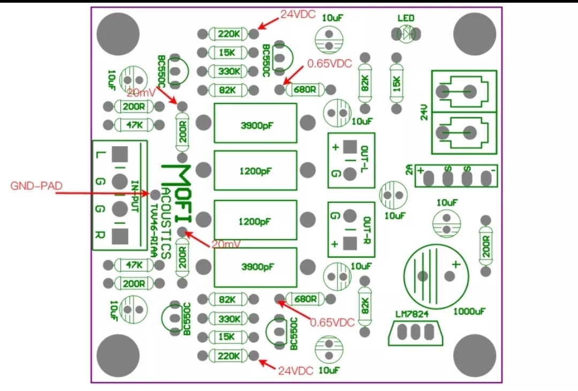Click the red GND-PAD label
click(36, 185)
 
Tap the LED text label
click(406, 18)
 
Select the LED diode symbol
click(406, 34)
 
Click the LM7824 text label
click(412, 314)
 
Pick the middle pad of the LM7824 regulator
click(415, 332)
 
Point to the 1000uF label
click(469, 312)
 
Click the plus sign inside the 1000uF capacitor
click(457, 264)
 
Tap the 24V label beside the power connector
click(424, 112)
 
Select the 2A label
click(409, 170)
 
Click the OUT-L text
click(364, 161)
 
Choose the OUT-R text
click(367, 230)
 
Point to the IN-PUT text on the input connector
click(135, 196)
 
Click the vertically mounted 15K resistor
click(397, 84)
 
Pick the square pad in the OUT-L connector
click(349, 147)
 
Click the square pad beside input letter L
click(119, 154)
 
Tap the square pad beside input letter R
click(119, 236)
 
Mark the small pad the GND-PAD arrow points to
click(156, 194)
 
